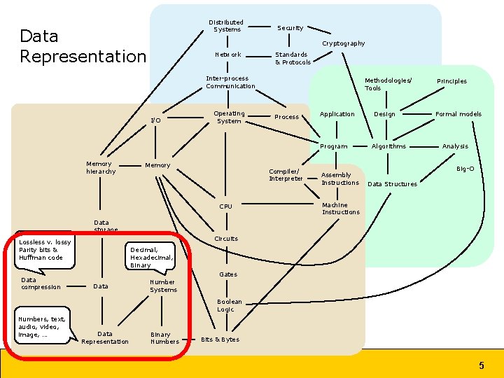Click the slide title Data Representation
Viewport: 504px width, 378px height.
(83, 46)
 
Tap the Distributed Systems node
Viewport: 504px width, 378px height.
(226, 26)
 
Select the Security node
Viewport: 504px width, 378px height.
(290, 28)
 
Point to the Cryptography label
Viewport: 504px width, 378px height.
(343, 43)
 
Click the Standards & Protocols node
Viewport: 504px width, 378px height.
(292, 58)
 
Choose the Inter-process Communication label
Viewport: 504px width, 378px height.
(230, 83)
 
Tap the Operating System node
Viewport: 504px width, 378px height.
(229, 117)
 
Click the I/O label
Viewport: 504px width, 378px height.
(155, 120)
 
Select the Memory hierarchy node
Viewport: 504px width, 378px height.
(101, 167)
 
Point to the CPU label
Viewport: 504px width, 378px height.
(225, 206)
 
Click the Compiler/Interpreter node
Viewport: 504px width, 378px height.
(286, 175)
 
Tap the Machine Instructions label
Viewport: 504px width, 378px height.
(340, 209)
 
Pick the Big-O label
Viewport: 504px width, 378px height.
(465, 169)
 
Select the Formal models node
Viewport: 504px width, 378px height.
(458, 114)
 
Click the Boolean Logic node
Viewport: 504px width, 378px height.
(230, 305)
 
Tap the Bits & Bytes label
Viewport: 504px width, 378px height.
(220, 339)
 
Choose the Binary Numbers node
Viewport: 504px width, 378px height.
(164, 338)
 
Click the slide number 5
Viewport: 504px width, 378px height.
(481, 365)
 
